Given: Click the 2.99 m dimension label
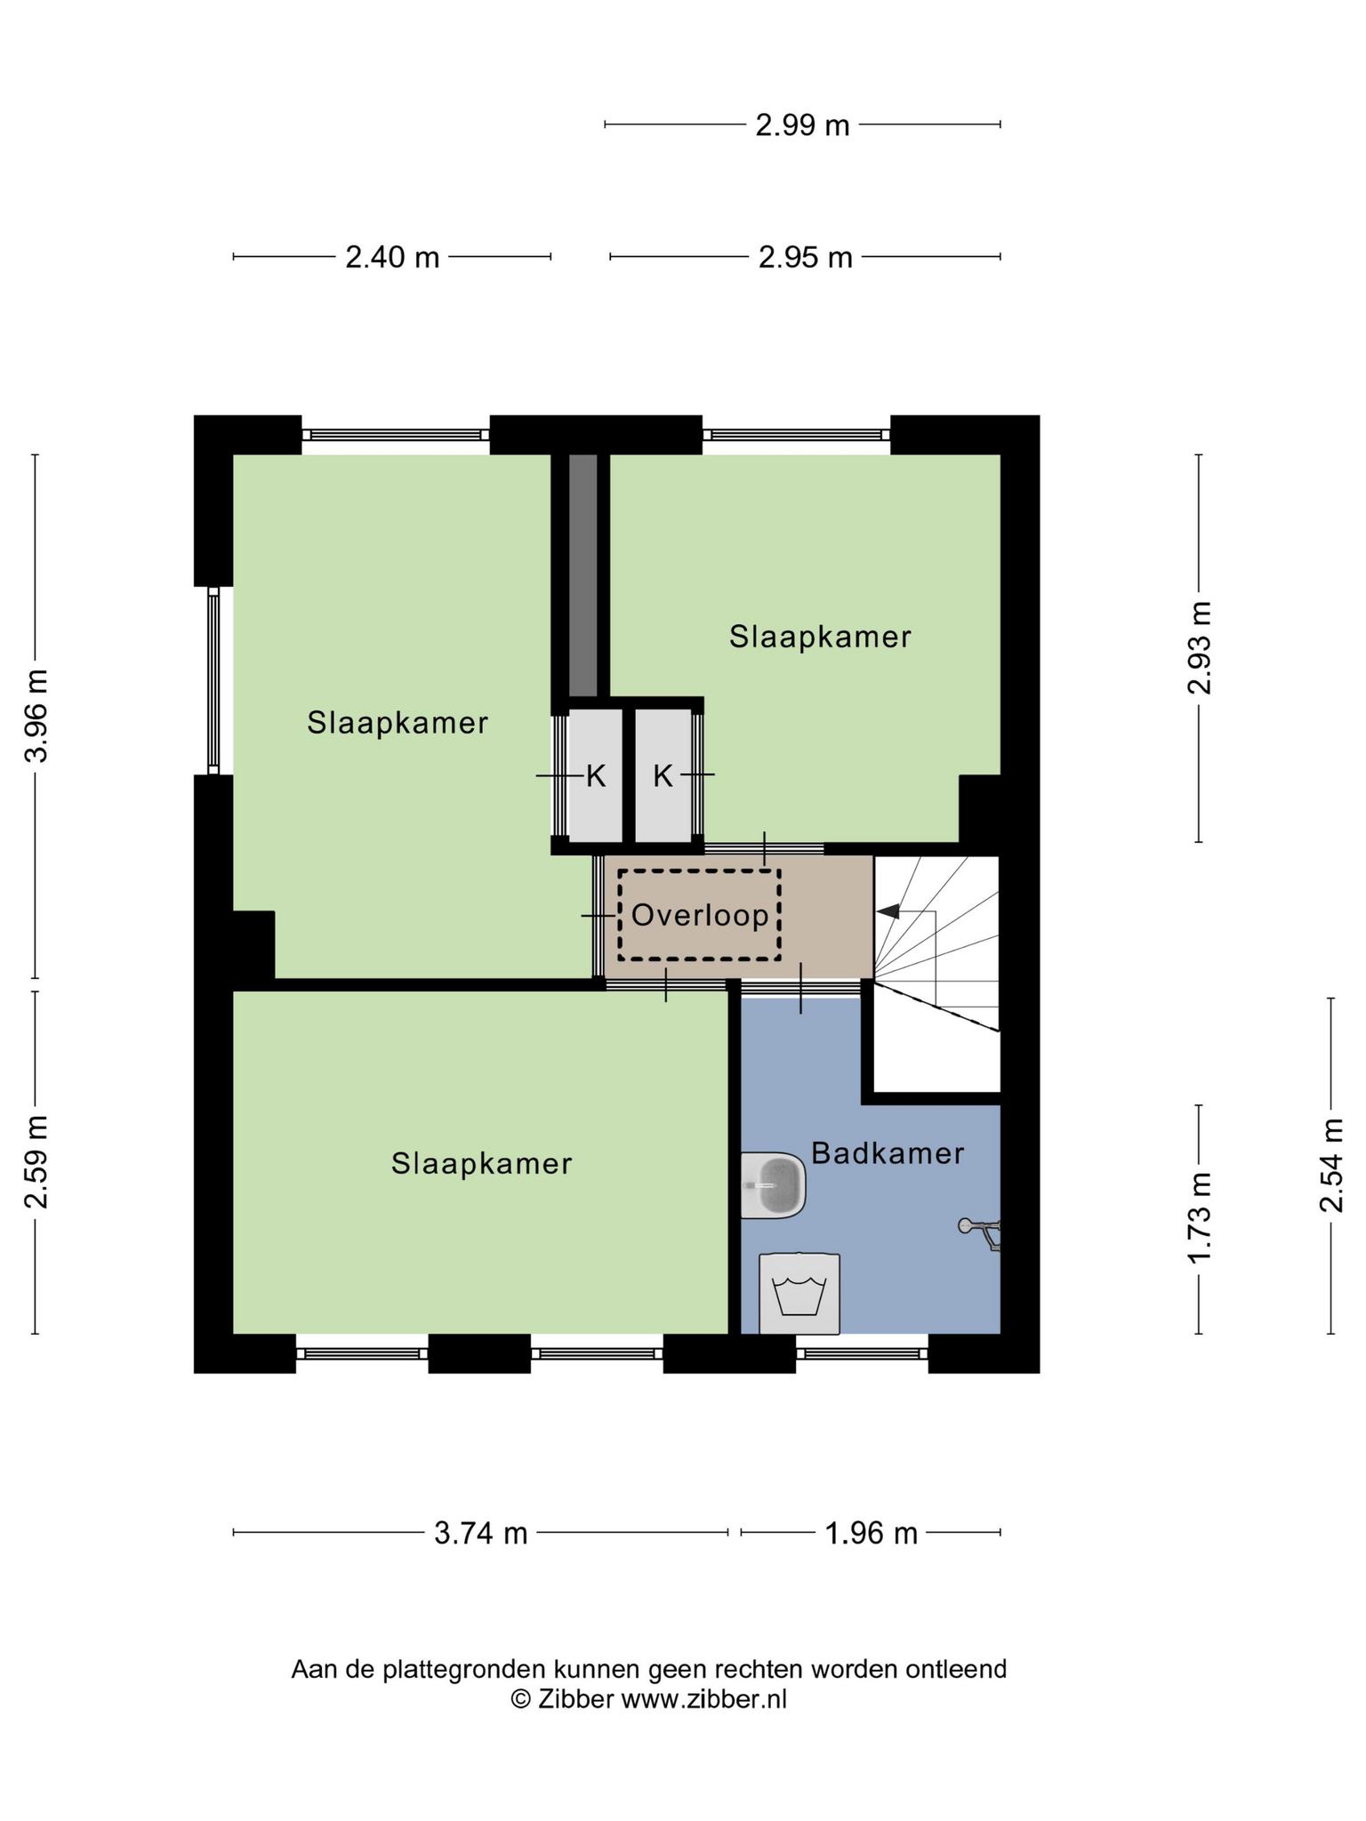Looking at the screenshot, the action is pos(802,125).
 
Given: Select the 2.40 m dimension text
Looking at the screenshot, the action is pos(392,258).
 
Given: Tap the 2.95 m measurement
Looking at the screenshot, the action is pos(805,258).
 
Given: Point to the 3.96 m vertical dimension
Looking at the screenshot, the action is pos(36,716).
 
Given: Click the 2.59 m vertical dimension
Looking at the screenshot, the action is pos(36,1162).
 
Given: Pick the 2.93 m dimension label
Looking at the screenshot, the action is pos(1200,647).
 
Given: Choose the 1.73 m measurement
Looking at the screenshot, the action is pos(1200,1218).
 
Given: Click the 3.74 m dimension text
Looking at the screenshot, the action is pos(480,1534).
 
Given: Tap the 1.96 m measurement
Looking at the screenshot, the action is pos(871,1534).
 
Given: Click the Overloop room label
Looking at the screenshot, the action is pos(700,915).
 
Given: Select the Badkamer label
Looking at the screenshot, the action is pos(888,1153).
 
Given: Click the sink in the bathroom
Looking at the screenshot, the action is pos(774,1185).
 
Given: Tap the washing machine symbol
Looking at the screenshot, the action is pos(800,1294).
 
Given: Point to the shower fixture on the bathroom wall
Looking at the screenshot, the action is pos(981,1232).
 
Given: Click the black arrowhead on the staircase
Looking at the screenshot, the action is pos(888,911).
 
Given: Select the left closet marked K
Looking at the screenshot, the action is pos(595,775).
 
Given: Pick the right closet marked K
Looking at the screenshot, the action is pos(663,775).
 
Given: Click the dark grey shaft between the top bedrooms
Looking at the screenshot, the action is pos(583,575).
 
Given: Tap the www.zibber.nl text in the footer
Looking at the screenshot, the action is pos(703,1699).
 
